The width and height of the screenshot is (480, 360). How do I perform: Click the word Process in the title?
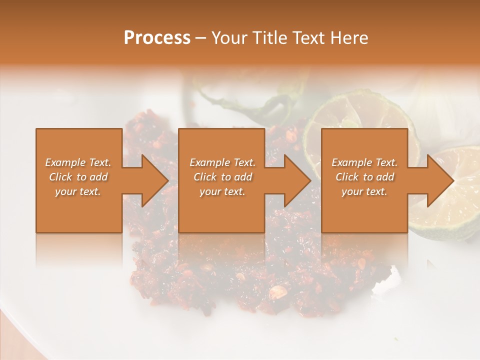pyautogui.click(x=157, y=38)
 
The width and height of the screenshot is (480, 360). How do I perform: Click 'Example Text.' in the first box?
pyautogui.click(x=78, y=162)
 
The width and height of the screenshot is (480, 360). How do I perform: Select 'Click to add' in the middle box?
pyautogui.click(x=222, y=177)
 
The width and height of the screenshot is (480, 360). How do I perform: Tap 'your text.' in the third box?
pyautogui.click(x=364, y=191)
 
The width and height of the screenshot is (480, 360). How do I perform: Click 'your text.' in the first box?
pyautogui.click(x=78, y=191)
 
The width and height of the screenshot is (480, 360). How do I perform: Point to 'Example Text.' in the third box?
pyautogui.click(x=364, y=162)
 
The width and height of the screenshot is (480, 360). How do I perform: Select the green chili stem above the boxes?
pyautogui.click(x=240, y=102)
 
